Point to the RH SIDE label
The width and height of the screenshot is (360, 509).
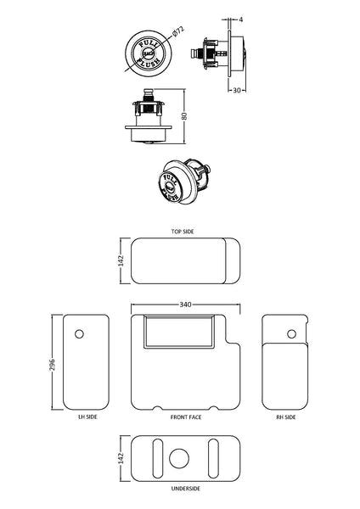[x=285, y=417]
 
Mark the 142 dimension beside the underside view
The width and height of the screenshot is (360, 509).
[x=121, y=458]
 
